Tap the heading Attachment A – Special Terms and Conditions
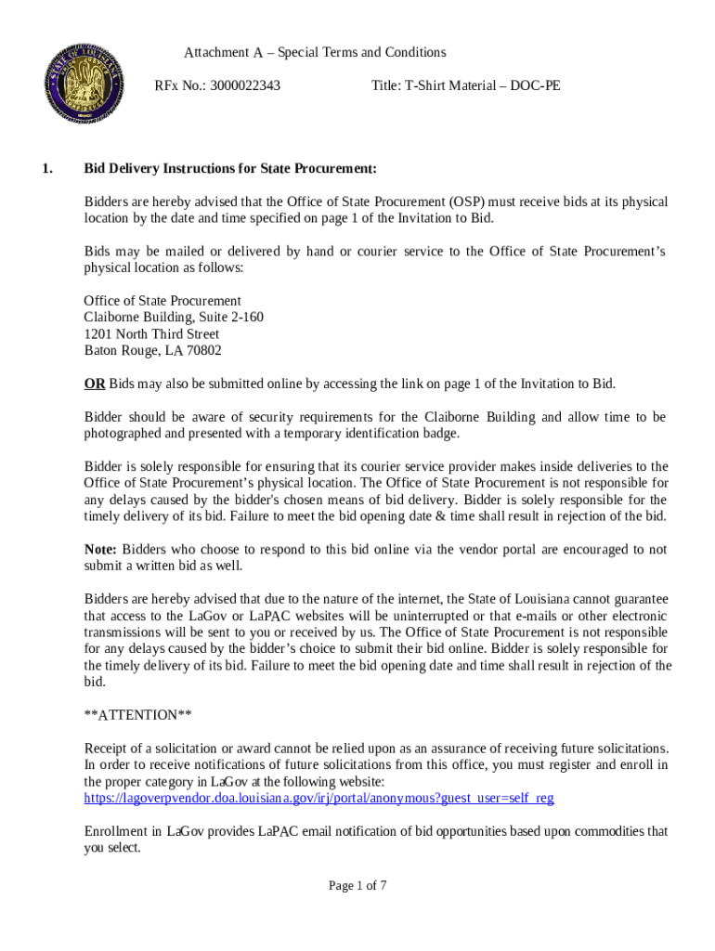[x=315, y=52]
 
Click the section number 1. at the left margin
[x=47, y=169]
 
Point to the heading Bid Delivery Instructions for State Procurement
[x=230, y=169]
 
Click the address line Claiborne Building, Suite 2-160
[x=174, y=318]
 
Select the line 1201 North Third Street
[x=151, y=334]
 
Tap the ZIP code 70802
[x=204, y=351]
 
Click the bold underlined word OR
[x=94, y=384]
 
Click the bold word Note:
[x=100, y=550]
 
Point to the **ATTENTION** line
[x=137, y=715]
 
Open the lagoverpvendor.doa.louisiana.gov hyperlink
[x=318, y=798]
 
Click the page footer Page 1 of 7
[x=357, y=886]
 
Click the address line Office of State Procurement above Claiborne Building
[x=162, y=301]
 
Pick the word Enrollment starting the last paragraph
[x=118, y=831]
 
